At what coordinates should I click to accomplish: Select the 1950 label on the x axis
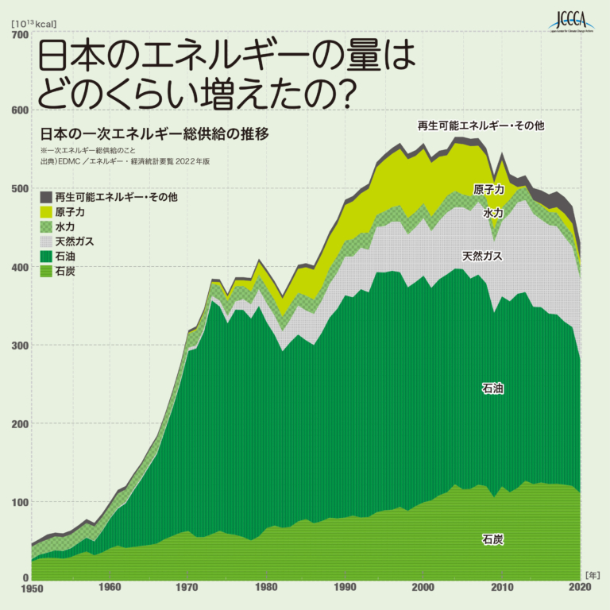click(x=32, y=588)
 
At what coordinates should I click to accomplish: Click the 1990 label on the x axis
click(x=345, y=588)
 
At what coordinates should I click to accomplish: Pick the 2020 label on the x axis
click(x=579, y=588)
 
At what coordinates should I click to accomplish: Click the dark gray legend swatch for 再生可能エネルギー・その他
click(x=46, y=197)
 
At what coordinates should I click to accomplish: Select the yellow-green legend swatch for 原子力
click(x=46, y=212)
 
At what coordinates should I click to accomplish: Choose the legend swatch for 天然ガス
click(x=46, y=241)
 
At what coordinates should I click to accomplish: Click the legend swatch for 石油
click(x=46, y=257)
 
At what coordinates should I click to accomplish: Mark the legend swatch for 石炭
click(x=46, y=272)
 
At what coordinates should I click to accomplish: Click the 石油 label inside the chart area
click(x=492, y=389)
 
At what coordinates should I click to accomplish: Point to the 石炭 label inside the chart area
click(x=492, y=539)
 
